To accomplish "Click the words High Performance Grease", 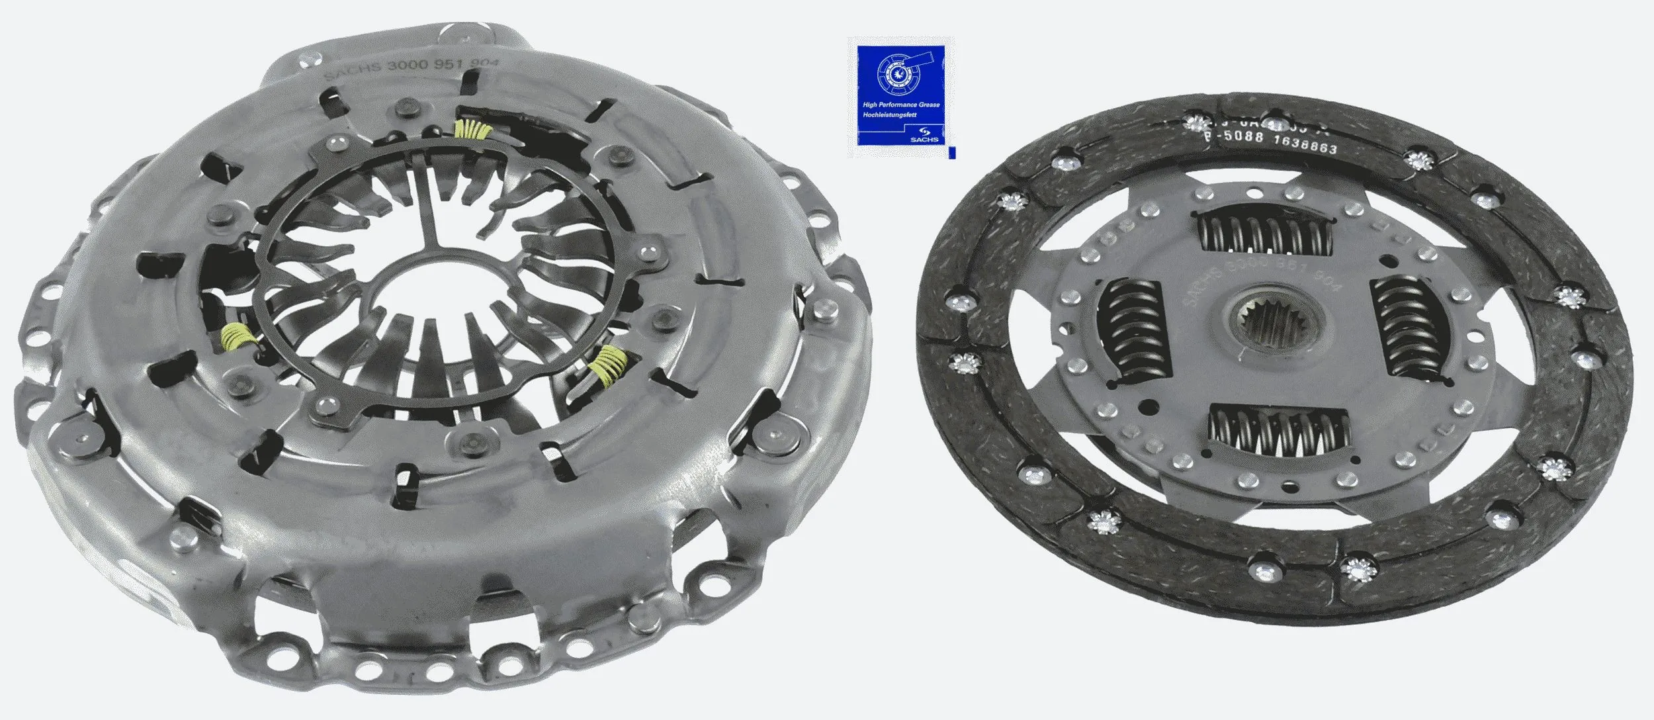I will click(901, 105).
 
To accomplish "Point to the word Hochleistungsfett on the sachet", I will click(890, 115).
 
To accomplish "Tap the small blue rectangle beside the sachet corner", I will click(952, 153).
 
